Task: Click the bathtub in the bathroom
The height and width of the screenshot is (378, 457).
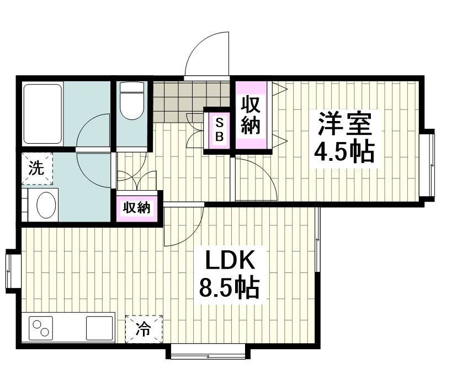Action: (43, 114)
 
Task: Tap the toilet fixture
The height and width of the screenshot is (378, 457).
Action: (132, 101)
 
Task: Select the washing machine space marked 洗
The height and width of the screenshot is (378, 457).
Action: (38, 169)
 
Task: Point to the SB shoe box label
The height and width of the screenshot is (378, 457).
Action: (219, 130)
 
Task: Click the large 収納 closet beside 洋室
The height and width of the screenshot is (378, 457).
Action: (251, 116)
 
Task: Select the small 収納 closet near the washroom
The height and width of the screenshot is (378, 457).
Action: (137, 208)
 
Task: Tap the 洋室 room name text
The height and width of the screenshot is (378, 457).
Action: (345, 124)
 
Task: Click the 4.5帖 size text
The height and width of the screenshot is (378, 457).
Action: (344, 152)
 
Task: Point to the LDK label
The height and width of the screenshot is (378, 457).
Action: (230, 260)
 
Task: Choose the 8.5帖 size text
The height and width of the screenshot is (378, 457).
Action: (230, 287)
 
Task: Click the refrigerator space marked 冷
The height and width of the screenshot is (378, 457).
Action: (144, 329)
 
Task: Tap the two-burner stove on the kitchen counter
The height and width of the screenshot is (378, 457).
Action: (41, 328)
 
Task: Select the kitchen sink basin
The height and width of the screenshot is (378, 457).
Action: (99, 328)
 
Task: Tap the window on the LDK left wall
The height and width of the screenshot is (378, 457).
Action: (12, 271)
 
